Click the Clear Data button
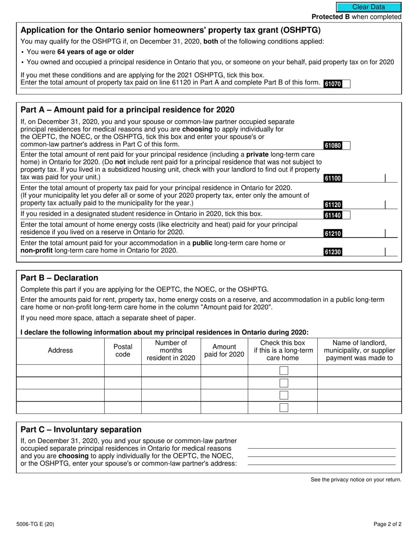click(x=369, y=7)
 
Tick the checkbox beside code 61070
click(x=346, y=84)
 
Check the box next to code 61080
click(x=346, y=146)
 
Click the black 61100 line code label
click(x=333, y=178)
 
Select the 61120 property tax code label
click(x=333, y=205)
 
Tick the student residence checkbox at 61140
click(x=346, y=215)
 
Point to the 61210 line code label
click(x=333, y=234)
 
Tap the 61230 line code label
click(x=333, y=252)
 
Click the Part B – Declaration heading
click(x=59, y=278)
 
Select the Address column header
click(x=60, y=351)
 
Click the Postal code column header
click(x=123, y=351)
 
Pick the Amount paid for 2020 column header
click(x=224, y=351)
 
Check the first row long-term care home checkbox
click(x=284, y=371)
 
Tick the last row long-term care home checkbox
click(x=284, y=407)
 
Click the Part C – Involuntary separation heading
click(x=81, y=430)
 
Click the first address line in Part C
click(x=322, y=445)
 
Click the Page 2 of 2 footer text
click(x=387, y=524)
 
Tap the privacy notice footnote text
click(x=356, y=479)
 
